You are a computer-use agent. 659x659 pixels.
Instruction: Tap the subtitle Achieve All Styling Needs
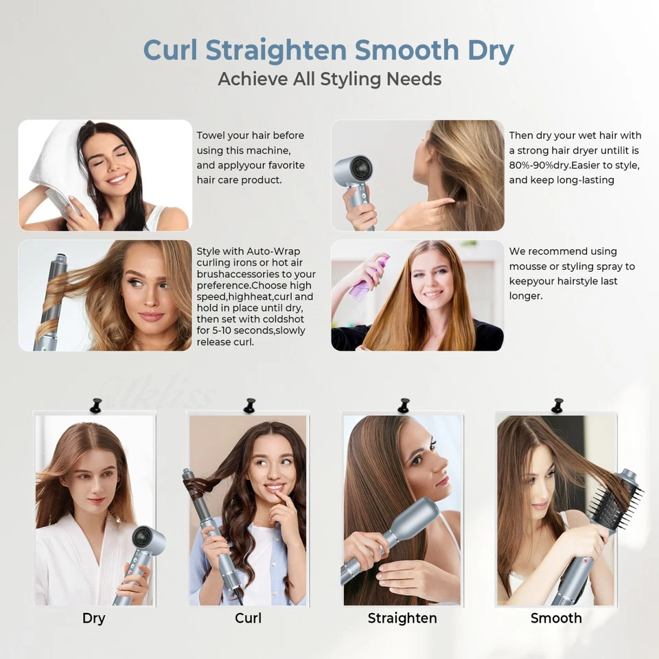pyautogui.click(x=329, y=79)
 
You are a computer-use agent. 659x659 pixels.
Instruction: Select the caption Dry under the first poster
pyautogui.click(x=93, y=618)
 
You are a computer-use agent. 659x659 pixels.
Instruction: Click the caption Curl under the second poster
pyautogui.click(x=248, y=618)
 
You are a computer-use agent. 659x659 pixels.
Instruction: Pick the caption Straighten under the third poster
pyautogui.click(x=402, y=618)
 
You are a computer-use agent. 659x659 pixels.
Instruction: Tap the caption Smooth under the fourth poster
pyautogui.click(x=556, y=618)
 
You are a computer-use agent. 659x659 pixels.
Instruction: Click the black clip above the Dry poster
pyautogui.click(x=96, y=406)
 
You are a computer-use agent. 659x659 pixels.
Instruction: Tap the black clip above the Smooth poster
pyautogui.click(x=557, y=406)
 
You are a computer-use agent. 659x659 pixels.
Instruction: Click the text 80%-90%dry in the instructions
pyautogui.click(x=538, y=165)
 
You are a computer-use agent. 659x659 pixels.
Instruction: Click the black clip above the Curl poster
pyautogui.click(x=249, y=406)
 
